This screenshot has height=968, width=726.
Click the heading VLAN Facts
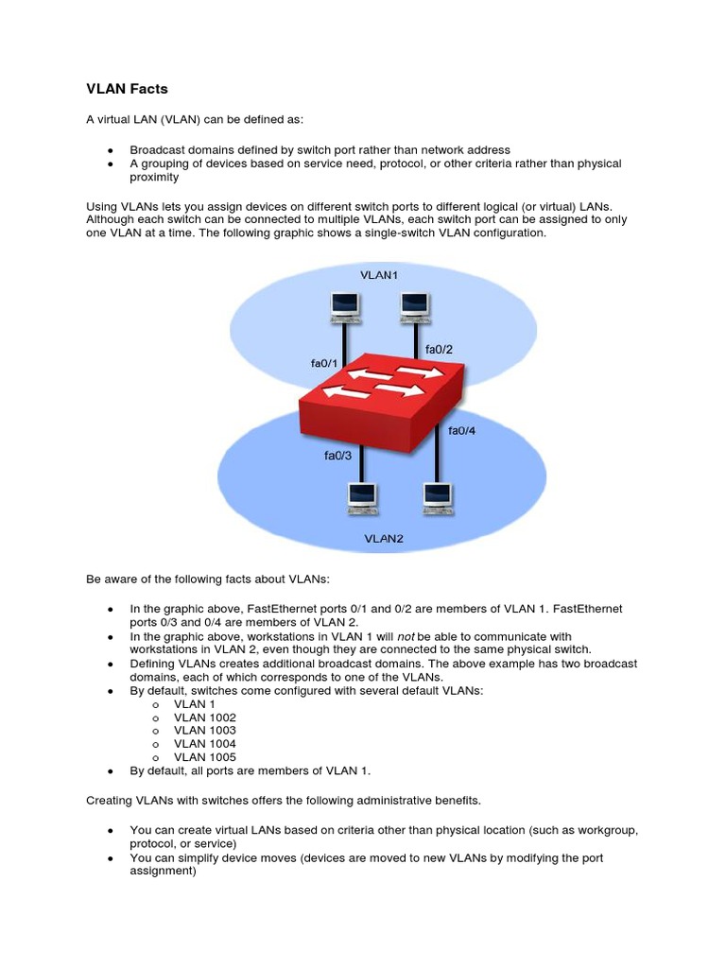click(127, 89)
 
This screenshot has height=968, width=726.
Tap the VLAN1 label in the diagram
click(379, 275)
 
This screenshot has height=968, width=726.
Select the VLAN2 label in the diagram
click(384, 538)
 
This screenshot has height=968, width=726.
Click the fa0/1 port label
click(324, 362)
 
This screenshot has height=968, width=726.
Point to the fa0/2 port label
click(439, 349)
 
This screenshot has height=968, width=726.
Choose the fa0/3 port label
click(337, 456)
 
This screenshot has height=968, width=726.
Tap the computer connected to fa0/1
click(345, 305)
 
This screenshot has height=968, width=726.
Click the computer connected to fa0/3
click(362, 497)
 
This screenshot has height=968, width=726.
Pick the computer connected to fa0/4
click(436, 497)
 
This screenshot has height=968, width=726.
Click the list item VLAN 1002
click(204, 717)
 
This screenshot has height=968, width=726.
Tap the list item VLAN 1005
click(204, 757)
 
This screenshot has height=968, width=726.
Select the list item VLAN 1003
click(204, 731)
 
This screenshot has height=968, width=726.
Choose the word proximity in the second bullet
click(154, 177)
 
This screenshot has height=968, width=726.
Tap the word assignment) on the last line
click(163, 872)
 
